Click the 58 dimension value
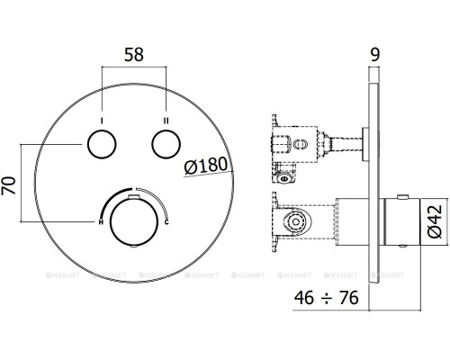134,55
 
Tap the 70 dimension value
8,186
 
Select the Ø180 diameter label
206,166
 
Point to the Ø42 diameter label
435,221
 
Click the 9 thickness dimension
375,54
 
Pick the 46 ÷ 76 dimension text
327,298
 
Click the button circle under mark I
102,144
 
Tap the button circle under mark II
166,144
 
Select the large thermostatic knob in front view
134,221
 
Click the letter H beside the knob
101,222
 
